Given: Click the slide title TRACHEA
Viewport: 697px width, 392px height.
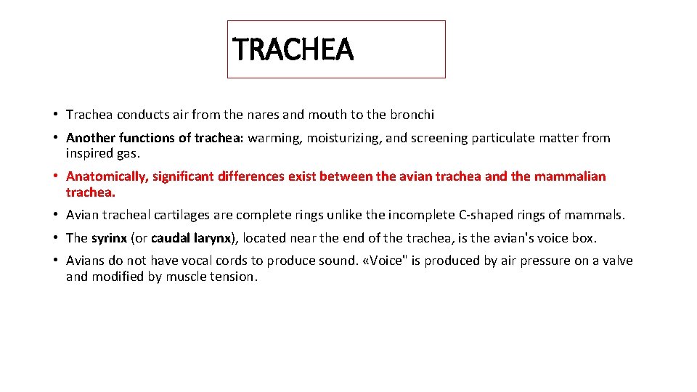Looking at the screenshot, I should pos(293,50).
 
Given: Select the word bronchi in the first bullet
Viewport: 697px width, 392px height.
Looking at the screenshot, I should pos(412,115).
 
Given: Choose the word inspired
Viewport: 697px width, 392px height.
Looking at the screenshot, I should pos(90,153).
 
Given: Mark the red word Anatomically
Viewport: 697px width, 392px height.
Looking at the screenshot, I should pos(106,176).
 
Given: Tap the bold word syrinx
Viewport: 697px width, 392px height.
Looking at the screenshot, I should pos(108,238).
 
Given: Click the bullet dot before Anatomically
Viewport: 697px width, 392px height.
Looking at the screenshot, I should pos(55,176).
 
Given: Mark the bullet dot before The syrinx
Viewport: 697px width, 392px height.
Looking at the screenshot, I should pos(55,238).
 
